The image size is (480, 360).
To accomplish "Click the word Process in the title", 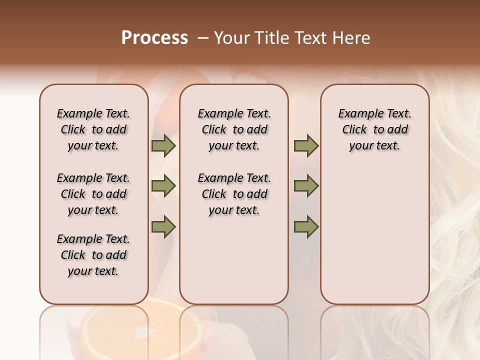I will coord(154,38).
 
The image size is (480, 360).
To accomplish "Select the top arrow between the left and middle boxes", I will coord(163,145).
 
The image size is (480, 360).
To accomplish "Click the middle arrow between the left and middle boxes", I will coord(163,186).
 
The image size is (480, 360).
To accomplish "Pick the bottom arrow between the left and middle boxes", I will coord(163,227).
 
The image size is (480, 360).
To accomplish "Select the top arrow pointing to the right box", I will coord(306,145).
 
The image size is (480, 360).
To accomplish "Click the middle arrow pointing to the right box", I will coord(306,186).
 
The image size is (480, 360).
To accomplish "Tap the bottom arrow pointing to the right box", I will coord(306,227).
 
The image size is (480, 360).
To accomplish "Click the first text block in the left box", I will coord(93,129).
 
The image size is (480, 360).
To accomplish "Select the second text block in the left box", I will coord(93,194).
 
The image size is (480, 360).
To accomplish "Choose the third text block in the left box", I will coord(93,255).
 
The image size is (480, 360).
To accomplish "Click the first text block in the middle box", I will coord(234,129).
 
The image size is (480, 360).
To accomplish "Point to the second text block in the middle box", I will coord(234,194).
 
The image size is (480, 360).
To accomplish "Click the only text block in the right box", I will coord(374,129).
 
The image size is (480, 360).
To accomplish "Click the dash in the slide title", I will coord(203,38).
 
